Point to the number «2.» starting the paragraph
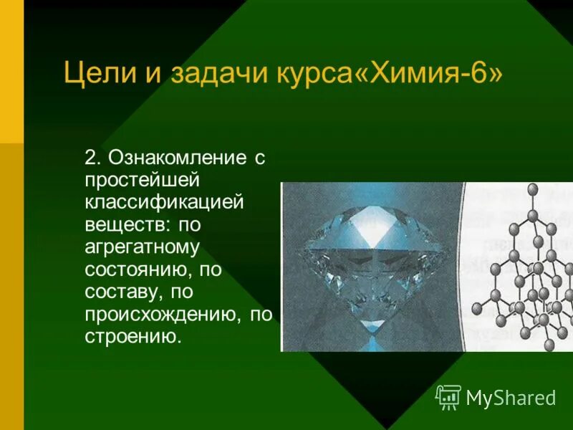coord(95,158)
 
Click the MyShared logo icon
coord(448,396)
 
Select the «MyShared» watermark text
coord(511,397)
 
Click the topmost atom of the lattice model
coord(531,189)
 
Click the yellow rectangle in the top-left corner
coord(11,72)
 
